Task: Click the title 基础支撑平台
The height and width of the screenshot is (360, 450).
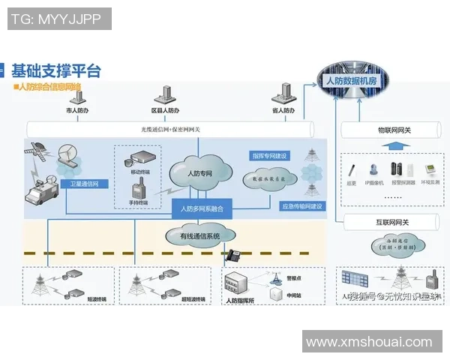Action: [55, 71]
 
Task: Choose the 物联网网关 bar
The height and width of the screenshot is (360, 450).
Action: [388, 130]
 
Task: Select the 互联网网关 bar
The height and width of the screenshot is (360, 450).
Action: [388, 221]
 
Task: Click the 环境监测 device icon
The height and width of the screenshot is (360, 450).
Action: [430, 170]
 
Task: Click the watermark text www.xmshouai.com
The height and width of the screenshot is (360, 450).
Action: [369, 342]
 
